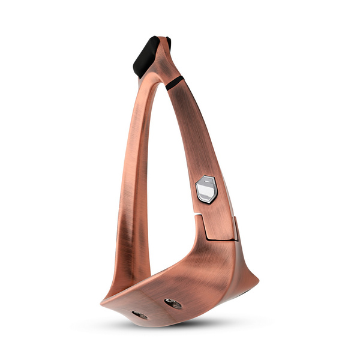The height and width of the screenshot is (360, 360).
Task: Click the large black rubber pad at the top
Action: (146, 56)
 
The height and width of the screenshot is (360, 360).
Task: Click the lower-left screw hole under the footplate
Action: (140, 315)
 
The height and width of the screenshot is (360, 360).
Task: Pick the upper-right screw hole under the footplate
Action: (173, 304)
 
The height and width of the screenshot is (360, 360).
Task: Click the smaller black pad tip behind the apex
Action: (169, 43)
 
